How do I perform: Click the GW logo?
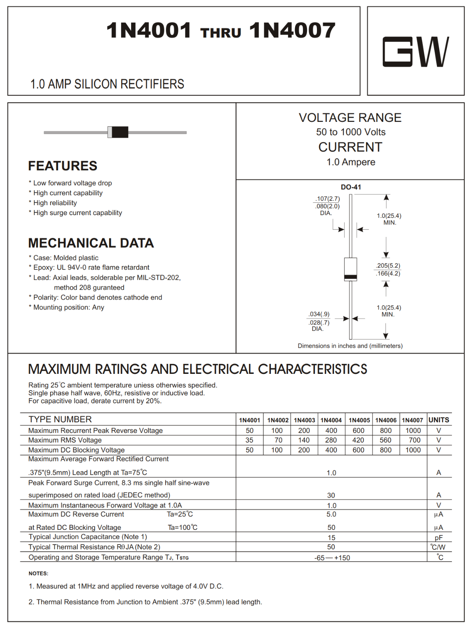[x=415, y=52]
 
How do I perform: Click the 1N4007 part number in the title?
[x=292, y=31]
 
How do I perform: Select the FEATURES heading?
[x=63, y=166]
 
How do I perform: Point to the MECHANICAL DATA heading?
[x=91, y=243]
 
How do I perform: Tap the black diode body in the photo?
[x=120, y=132]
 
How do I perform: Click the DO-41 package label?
[x=351, y=187]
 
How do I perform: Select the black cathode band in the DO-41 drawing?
[x=350, y=277]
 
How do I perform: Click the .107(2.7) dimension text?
[x=328, y=198]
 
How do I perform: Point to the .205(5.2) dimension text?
[x=388, y=266]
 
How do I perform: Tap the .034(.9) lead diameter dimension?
[x=319, y=314]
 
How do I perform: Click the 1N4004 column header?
[x=331, y=420]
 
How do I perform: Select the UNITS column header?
[x=438, y=420]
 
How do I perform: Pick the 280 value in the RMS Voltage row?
[x=331, y=440]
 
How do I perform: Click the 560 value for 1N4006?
[x=385, y=440]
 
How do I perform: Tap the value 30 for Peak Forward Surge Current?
[x=331, y=495]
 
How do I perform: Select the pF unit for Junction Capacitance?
[x=438, y=538]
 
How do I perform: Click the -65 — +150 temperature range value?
[x=332, y=558]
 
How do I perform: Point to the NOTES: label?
[x=38, y=573]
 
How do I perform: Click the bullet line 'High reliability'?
[x=55, y=203]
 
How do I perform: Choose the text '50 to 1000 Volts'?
[x=350, y=132]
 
